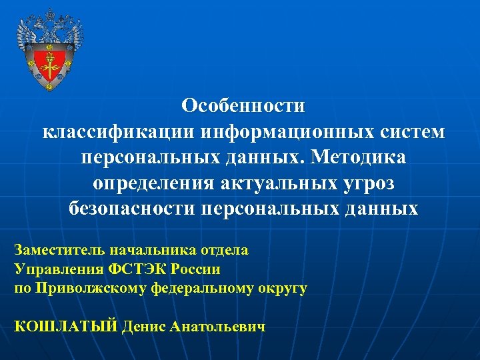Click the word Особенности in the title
[243, 106]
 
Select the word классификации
[115, 131]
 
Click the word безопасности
[131, 209]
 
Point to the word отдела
[225, 251]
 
